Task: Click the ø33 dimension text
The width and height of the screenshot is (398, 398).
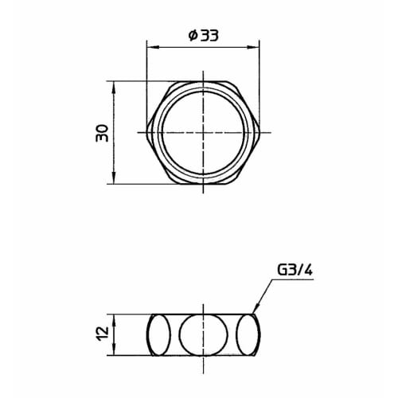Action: [x=203, y=37]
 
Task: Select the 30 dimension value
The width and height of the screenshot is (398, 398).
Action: [x=102, y=132]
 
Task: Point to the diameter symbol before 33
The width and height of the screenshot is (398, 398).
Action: [x=192, y=37]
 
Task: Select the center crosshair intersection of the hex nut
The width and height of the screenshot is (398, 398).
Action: [x=204, y=131]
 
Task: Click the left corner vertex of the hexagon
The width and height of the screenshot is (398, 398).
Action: [x=147, y=131]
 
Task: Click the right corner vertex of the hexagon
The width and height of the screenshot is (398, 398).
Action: [x=260, y=131]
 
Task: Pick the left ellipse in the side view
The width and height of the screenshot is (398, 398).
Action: [x=158, y=334]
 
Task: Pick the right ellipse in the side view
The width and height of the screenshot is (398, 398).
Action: [x=250, y=334]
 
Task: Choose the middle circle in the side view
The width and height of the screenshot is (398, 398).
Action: [x=204, y=334]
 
